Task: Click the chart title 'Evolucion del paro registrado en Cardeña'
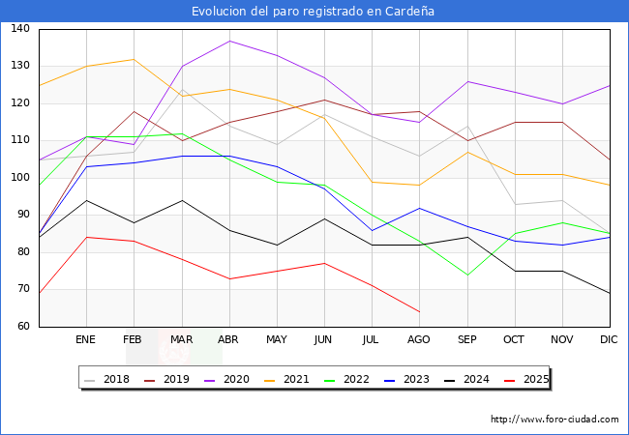314,12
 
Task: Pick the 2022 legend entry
355,379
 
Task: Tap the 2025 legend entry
534,379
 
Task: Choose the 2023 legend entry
415,379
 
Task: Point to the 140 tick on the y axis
20,29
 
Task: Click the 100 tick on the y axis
20,178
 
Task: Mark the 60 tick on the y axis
22,327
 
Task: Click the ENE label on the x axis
86,339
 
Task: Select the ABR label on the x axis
228,339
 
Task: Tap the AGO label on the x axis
419,339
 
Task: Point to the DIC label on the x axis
610,339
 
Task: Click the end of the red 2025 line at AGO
419,311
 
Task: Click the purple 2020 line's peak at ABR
229,41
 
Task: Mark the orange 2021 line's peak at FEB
134,59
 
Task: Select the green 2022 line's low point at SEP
467,275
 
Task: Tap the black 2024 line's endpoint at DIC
610,293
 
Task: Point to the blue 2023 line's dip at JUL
372,230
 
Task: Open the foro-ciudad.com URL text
554,420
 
